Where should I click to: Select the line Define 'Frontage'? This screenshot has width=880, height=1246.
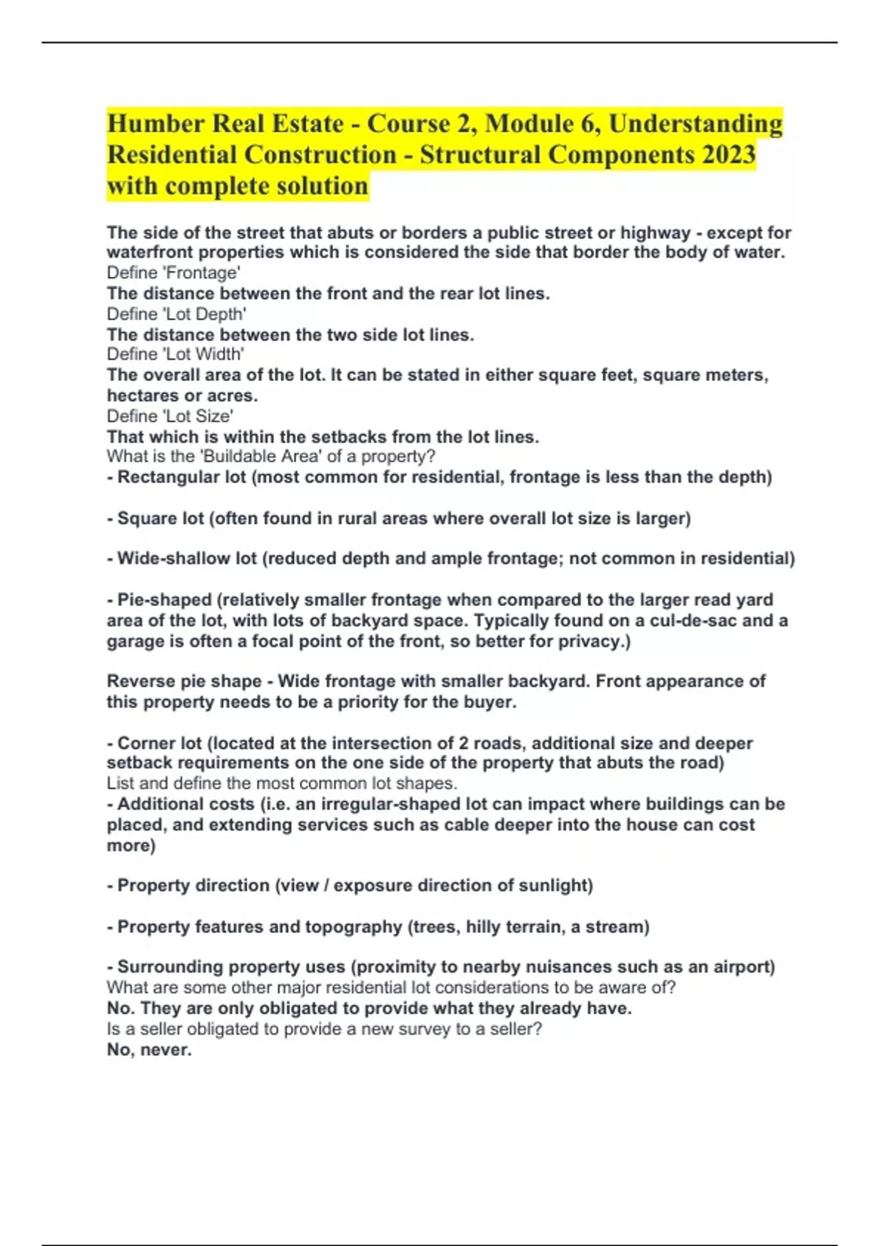tap(173, 273)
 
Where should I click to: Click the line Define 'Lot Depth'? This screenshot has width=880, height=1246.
tap(176, 314)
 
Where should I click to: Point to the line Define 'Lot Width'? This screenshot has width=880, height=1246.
tap(175, 355)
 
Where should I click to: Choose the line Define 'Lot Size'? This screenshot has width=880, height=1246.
tap(169, 416)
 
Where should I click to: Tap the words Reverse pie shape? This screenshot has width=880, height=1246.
tap(184, 682)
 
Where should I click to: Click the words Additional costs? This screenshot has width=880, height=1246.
tap(186, 804)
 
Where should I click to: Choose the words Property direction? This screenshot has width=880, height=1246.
tap(194, 885)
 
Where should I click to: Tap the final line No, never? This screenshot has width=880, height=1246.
tap(149, 1050)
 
